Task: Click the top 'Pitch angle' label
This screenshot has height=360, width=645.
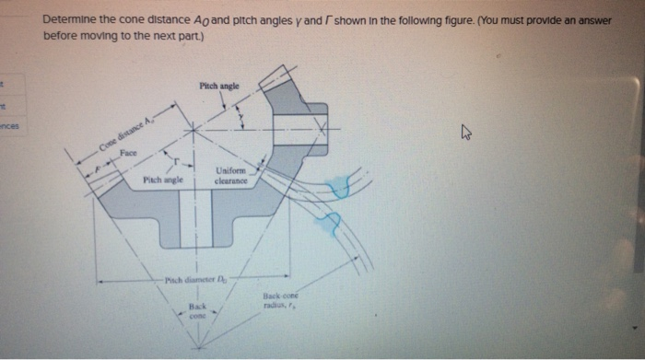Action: [218, 86]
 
